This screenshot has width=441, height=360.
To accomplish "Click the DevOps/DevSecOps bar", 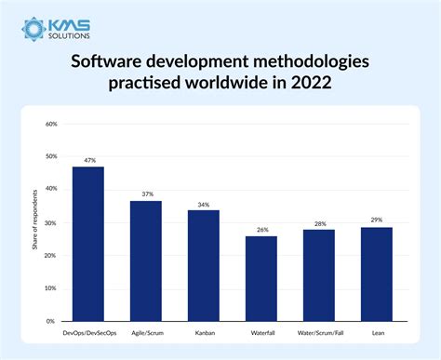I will (87, 244).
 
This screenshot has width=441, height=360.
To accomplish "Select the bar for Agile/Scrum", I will (145, 260).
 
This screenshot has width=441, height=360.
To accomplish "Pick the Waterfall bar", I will (261, 278).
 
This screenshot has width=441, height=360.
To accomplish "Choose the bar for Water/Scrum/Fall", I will (319, 275).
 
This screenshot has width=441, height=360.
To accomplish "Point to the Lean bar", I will (377, 273).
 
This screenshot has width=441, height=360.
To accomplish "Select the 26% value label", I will (261, 230).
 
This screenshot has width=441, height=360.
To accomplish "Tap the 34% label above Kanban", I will (204, 204).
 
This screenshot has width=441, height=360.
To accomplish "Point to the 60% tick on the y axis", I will (51, 124).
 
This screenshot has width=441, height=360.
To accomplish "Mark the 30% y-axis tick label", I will (51, 222).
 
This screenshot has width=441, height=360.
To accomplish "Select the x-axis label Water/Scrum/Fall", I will (319, 330).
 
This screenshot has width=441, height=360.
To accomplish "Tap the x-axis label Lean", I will (377, 330).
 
